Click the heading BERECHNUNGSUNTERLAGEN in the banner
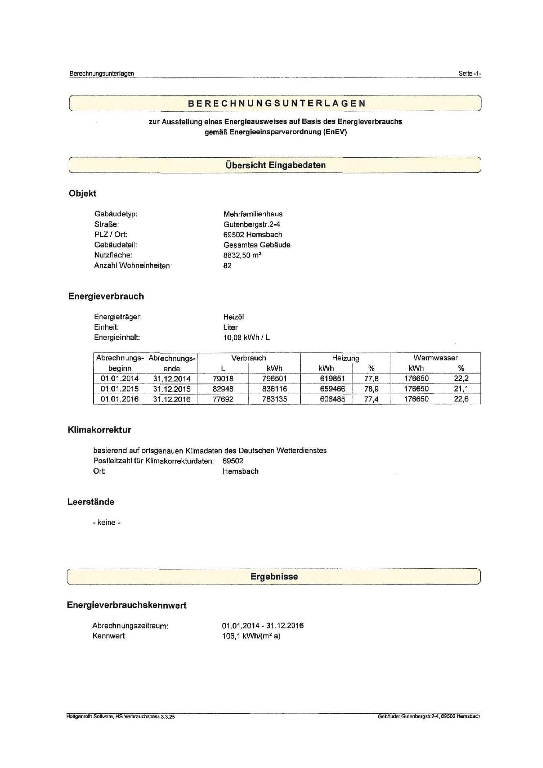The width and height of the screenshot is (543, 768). pyautogui.click(x=276, y=104)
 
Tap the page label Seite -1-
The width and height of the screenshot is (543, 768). pyautogui.click(x=469, y=74)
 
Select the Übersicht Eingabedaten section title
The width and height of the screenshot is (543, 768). pyautogui.click(x=275, y=165)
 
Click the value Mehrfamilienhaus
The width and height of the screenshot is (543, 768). pyautogui.click(x=253, y=214)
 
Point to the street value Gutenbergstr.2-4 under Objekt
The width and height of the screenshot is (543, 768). pyautogui.click(x=251, y=224)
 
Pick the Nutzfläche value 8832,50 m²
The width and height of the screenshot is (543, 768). pyautogui.click(x=242, y=255)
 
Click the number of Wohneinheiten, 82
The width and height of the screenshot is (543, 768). pyautogui.click(x=227, y=265)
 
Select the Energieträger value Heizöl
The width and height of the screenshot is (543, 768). pyautogui.click(x=233, y=317)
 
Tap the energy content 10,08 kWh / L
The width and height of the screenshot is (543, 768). pyautogui.click(x=246, y=337)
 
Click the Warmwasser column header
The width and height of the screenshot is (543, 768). pyautogui.click(x=435, y=358)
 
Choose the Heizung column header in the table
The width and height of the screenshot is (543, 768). pyautogui.click(x=345, y=358)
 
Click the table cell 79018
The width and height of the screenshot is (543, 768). pyautogui.click(x=223, y=378)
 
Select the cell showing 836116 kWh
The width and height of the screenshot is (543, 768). pyautogui.click(x=275, y=389)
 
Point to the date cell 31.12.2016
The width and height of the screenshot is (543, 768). pyautogui.click(x=172, y=399)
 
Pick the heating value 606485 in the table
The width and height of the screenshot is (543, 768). pyautogui.click(x=332, y=399)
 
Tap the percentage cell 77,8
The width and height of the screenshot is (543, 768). pyautogui.click(x=371, y=378)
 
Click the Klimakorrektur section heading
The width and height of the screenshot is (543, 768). pyautogui.click(x=99, y=430)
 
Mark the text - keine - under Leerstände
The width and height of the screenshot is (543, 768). pyautogui.click(x=106, y=522)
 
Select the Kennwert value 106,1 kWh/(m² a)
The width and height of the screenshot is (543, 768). pyautogui.click(x=251, y=636)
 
